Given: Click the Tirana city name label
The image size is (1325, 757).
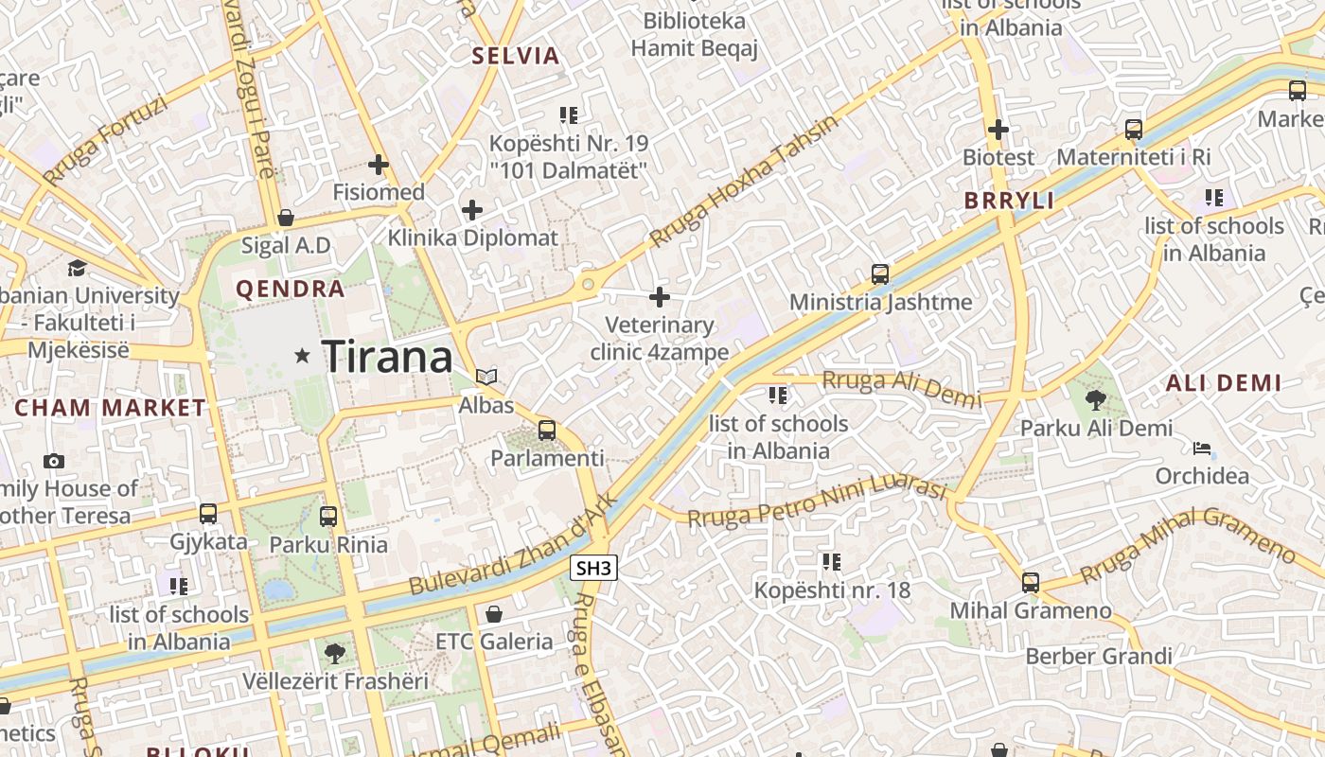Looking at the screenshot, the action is coord(388,357).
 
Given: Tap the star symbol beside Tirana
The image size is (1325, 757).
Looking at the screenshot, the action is coord(303,356).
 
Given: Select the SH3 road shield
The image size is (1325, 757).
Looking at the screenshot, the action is coord(594,568).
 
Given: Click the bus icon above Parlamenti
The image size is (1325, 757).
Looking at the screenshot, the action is coord(547,431).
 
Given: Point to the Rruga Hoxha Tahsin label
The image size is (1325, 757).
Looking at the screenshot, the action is coord(744,183).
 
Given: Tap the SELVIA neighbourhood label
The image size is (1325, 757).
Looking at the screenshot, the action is coord(516,56).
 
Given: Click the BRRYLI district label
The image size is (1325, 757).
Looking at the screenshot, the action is coord(1009,201).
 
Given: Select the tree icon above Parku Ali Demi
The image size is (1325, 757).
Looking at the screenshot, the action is coord(1096,400).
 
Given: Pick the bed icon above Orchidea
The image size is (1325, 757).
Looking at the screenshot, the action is coord(1202,448).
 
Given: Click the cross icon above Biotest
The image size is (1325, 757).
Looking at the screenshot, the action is coord(998,129).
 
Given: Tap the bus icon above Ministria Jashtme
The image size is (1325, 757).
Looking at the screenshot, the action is coord(880,274).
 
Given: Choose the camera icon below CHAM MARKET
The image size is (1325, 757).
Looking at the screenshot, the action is coord(54,461).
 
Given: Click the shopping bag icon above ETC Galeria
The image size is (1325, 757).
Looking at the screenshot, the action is coord(493,614).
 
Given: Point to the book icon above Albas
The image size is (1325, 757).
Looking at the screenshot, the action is coord(486,378).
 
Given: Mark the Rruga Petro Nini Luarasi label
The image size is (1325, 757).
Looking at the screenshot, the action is coord(817,504).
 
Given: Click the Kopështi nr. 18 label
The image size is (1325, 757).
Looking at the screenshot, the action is coord(832,590).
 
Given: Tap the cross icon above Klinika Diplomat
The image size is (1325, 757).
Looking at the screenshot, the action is coord(472,209).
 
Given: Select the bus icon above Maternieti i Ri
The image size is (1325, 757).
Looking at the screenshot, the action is coord(1134,130).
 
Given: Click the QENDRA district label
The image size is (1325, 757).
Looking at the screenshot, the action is coord(290,290).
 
